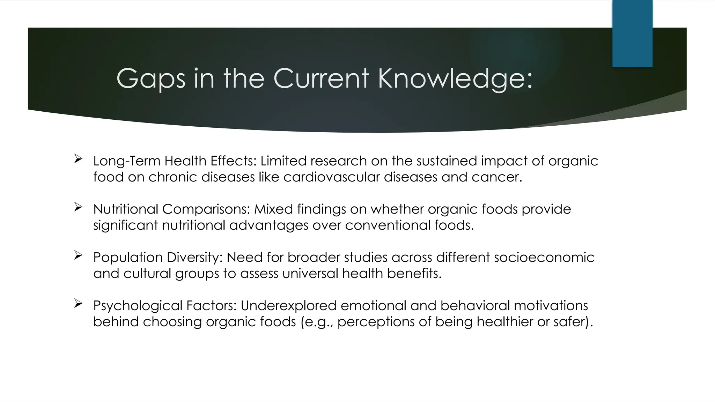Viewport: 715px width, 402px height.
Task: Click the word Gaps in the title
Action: tap(150, 79)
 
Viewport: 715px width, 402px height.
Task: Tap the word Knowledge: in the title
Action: tap(455, 79)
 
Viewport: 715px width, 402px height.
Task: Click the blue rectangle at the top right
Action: tap(632, 33)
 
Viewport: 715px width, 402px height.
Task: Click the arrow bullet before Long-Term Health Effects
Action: tap(78, 159)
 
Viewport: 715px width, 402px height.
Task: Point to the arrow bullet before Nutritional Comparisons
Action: tap(78, 207)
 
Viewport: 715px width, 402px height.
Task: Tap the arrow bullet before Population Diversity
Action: tap(78, 255)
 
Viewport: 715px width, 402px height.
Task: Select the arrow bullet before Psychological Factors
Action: tap(78, 304)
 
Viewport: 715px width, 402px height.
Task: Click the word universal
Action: tap(310, 273)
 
